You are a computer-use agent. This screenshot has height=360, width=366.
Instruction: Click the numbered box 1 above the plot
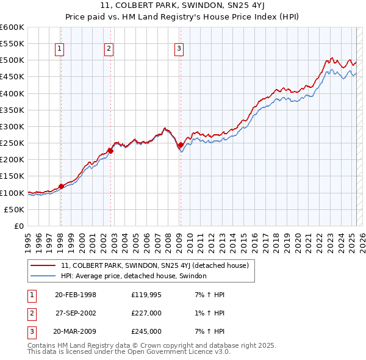(x=60, y=49)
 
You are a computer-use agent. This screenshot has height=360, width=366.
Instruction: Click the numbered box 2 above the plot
(x=109, y=49)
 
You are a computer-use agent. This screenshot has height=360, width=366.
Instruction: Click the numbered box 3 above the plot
(x=179, y=49)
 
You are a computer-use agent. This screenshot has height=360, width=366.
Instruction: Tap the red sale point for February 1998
(x=61, y=186)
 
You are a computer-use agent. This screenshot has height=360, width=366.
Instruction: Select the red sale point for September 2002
(x=110, y=150)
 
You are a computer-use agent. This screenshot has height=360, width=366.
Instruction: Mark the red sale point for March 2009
(x=181, y=145)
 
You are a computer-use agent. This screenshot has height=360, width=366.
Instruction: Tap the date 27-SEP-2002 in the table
(x=76, y=314)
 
